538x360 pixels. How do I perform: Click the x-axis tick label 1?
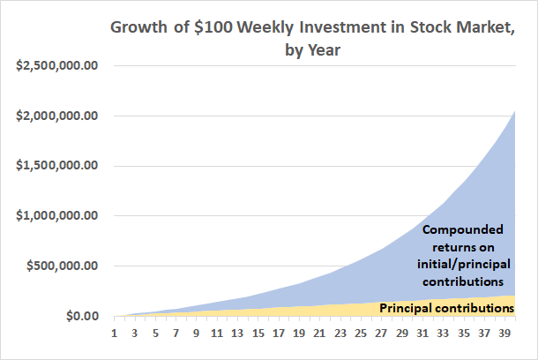[115, 334]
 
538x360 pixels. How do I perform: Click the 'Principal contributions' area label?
[446, 308]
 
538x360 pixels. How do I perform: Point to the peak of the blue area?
[514, 111]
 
